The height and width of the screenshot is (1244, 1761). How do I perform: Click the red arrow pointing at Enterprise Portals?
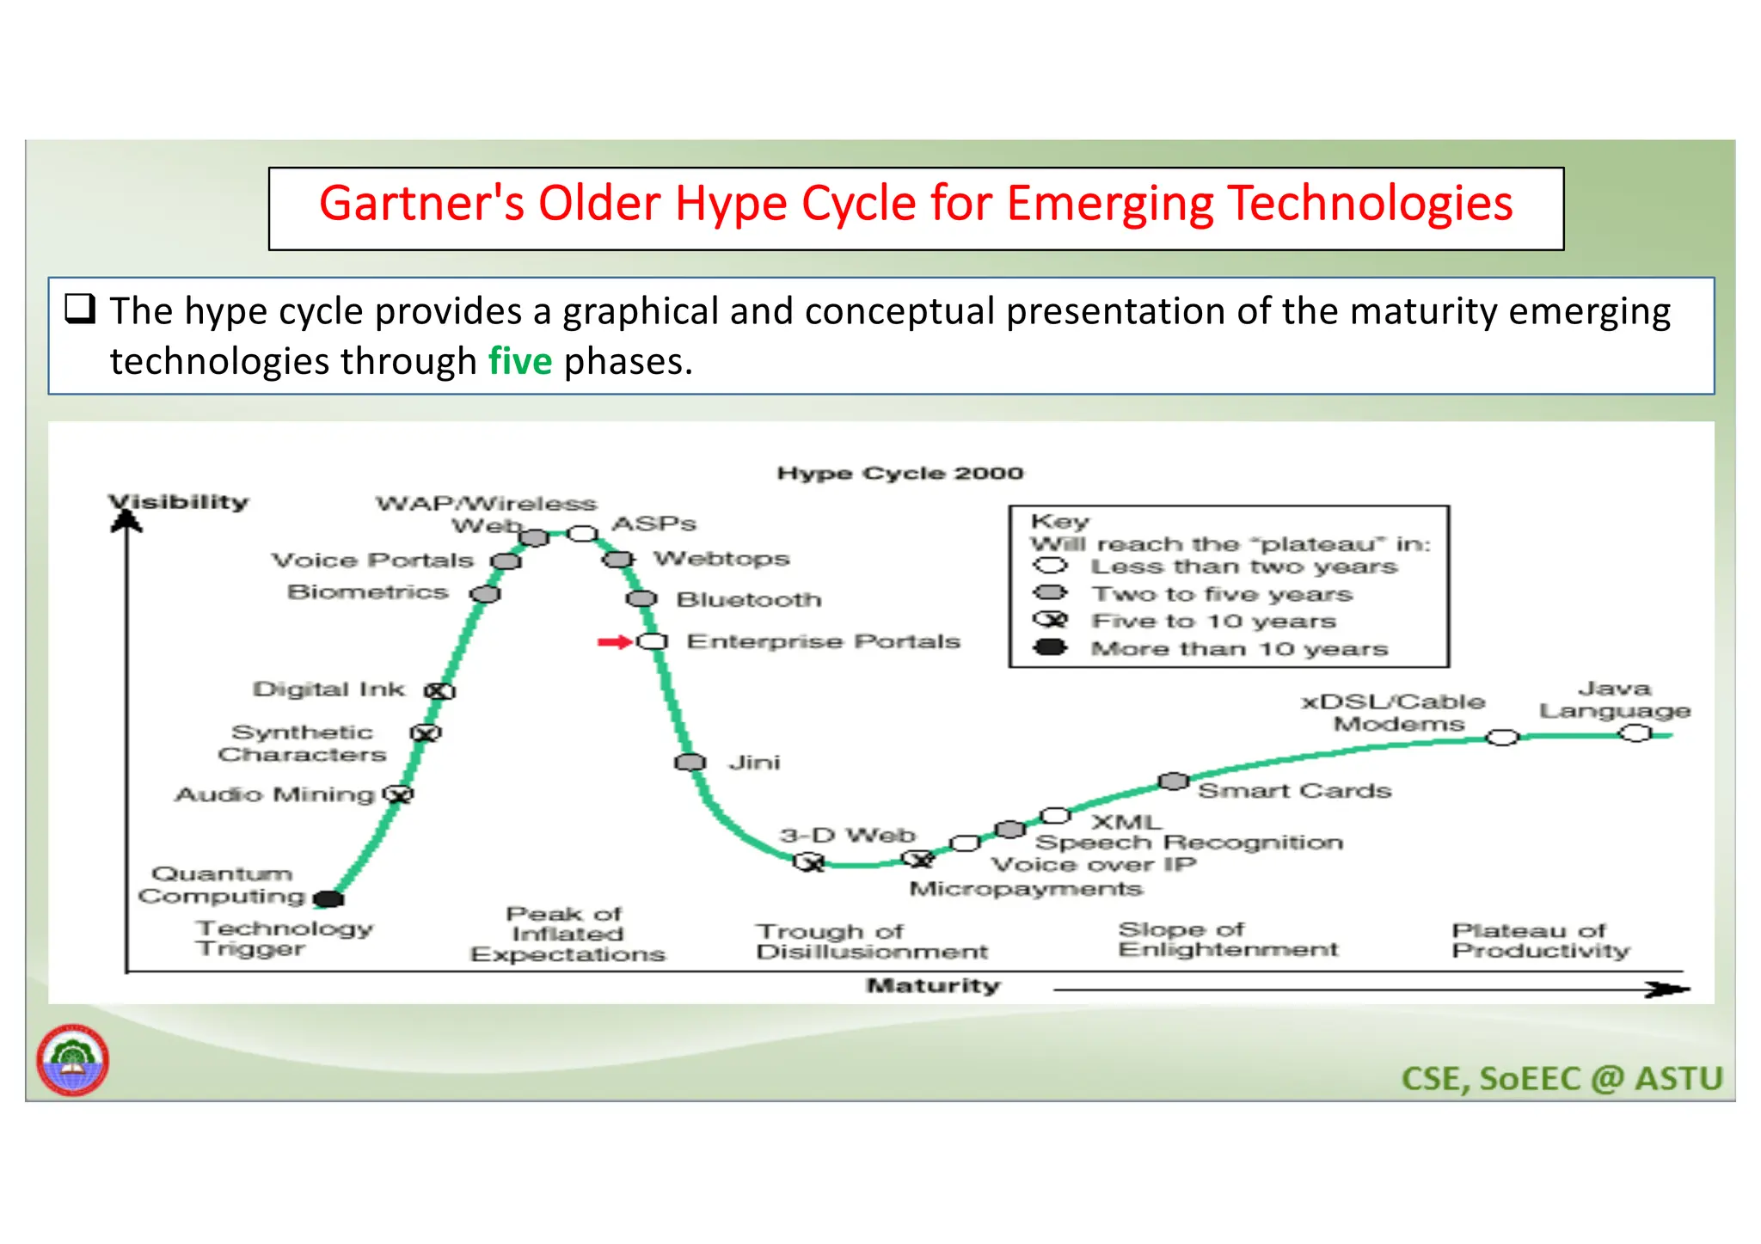614,642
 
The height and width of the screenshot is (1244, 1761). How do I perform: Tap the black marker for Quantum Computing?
328,899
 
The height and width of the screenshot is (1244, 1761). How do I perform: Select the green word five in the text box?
519,361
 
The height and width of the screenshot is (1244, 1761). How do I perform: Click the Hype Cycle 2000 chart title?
899,474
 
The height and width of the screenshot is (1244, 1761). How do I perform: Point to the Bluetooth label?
748,599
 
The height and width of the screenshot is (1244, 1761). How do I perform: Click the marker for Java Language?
1635,733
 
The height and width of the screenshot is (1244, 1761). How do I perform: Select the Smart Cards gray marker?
1173,781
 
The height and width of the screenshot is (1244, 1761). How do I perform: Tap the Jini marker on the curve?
690,763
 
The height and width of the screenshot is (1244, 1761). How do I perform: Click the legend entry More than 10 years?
1238,649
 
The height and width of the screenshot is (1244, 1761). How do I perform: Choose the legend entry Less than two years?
1243,567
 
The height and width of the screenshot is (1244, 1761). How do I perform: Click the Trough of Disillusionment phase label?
871,941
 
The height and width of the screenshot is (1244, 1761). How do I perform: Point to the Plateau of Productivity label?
1540,941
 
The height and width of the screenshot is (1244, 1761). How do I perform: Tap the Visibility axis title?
179,502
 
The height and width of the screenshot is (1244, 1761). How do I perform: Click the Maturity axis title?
933,985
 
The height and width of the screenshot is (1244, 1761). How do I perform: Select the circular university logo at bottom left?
72,1060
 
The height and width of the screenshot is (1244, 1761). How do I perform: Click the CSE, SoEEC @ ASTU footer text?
1562,1079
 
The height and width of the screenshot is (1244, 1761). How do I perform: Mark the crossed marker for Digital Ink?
439,691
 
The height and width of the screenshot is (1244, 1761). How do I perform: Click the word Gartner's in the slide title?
421,205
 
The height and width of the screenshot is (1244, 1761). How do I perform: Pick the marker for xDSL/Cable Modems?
1501,738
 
